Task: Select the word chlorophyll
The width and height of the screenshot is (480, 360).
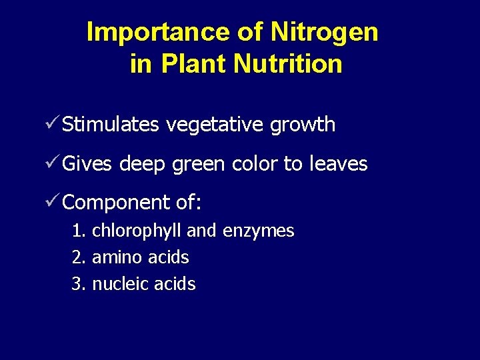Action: pyautogui.click(x=137, y=231)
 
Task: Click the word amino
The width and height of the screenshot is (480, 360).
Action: pyautogui.click(x=114, y=257)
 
